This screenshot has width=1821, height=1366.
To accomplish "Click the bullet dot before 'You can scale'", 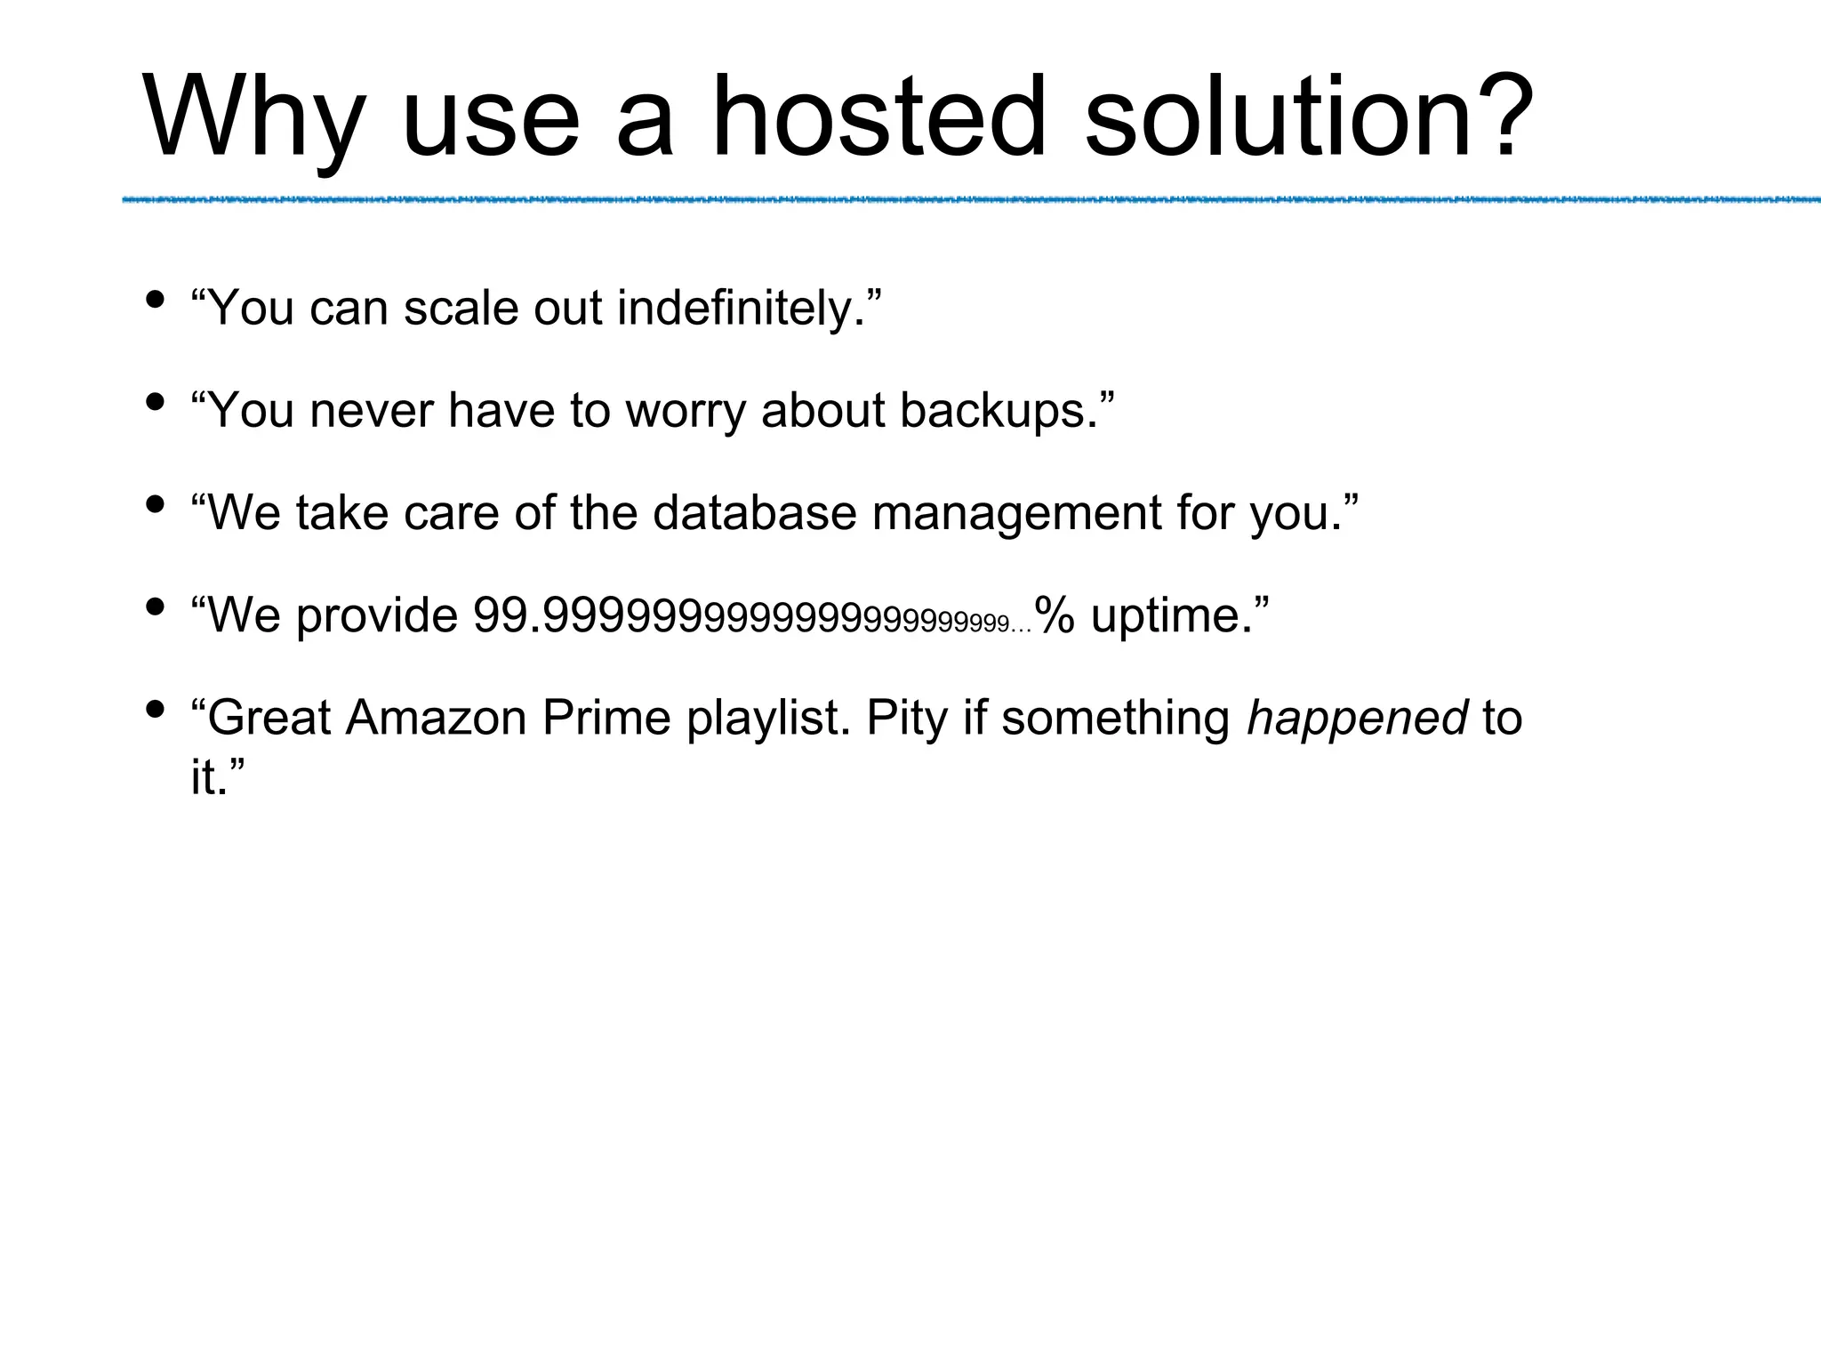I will pos(155,300).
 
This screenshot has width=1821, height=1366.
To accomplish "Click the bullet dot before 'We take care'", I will pos(155,505).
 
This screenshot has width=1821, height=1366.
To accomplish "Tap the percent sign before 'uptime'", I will pos(1055,615).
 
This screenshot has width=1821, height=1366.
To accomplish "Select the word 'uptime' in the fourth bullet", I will pos(1166,615).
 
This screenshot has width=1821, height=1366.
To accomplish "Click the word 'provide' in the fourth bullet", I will pos(376,615).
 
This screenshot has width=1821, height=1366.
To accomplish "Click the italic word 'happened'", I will pos(1357,718).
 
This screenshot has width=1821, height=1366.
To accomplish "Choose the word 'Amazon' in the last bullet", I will pos(436,718).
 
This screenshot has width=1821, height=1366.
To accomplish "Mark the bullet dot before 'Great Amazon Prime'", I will pos(155,710).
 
